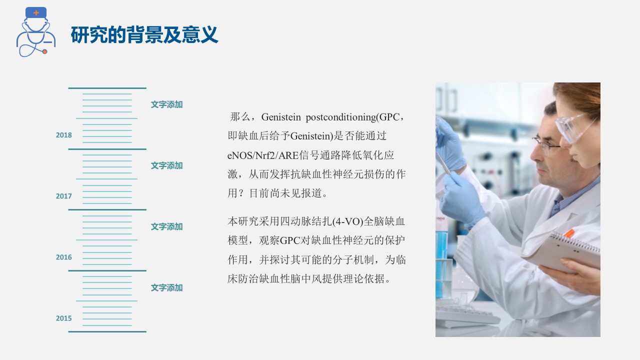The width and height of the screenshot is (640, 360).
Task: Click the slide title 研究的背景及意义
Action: point(144,35)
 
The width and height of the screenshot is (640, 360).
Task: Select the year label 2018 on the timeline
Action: point(64,135)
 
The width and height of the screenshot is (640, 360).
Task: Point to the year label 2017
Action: point(64,196)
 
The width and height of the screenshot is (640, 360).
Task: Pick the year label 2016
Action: point(64,257)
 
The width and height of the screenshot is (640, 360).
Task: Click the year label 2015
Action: point(64,318)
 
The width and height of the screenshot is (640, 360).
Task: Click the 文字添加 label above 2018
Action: point(167,104)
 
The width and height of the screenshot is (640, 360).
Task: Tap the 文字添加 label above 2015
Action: point(167,287)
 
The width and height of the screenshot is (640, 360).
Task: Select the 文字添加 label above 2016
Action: point(167,226)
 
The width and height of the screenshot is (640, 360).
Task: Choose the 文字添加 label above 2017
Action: point(167,165)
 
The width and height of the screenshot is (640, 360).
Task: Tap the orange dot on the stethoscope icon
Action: point(44,51)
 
